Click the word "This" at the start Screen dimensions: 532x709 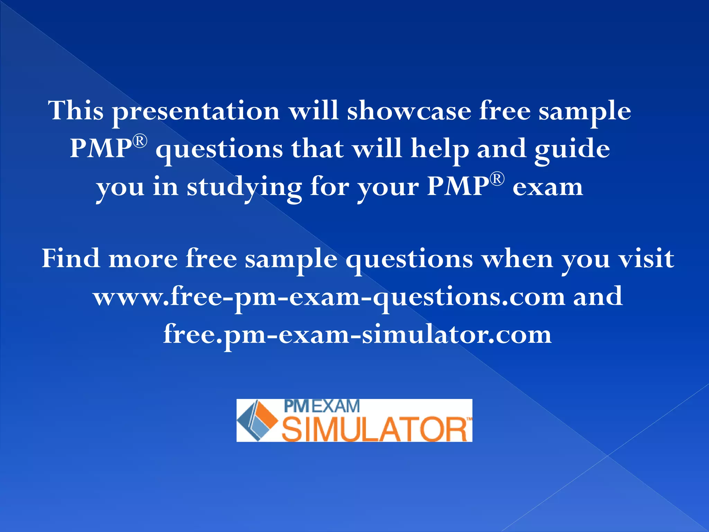click(76, 110)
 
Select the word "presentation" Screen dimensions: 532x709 click(196, 112)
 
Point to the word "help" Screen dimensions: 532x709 click(439, 149)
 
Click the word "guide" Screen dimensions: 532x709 click(572, 149)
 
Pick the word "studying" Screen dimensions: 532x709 click(244, 188)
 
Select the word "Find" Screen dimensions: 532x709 click(71, 258)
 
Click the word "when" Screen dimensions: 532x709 click(518, 258)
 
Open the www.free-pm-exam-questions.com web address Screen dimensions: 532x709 click(329, 297)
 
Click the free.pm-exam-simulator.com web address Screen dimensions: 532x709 click(357, 335)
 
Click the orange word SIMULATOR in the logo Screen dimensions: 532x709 click(375, 429)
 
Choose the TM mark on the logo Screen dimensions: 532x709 click(469, 419)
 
